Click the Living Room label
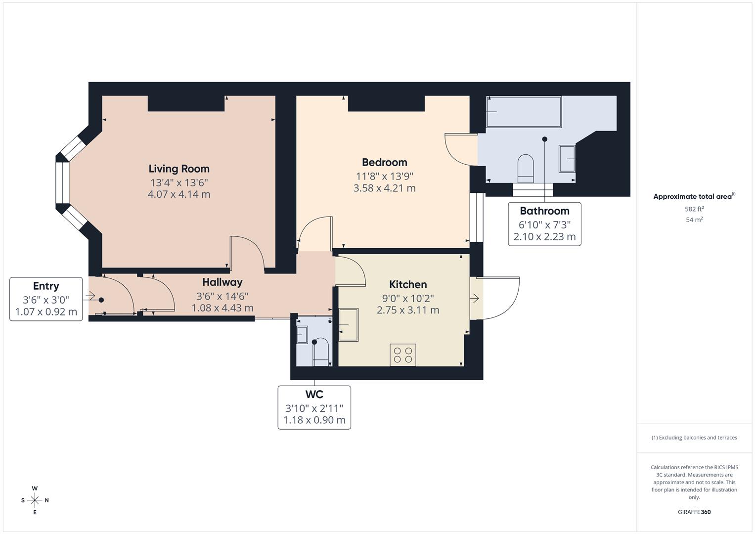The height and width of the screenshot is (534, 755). (x=179, y=169)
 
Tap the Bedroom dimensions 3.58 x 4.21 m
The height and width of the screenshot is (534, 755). (x=384, y=188)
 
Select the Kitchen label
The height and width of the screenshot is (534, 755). (x=408, y=284)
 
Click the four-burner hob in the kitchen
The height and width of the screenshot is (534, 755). (x=402, y=355)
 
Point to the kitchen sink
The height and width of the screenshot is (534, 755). (x=349, y=324)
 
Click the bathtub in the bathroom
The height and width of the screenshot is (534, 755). (x=524, y=112)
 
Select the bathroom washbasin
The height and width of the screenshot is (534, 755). (x=567, y=158)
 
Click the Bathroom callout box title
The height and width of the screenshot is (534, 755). (x=544, y=211)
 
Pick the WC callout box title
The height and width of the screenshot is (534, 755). (x=314, y=395)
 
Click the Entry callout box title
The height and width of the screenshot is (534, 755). (x=46, y=286)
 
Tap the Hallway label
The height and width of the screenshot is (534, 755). (x=222, y=282)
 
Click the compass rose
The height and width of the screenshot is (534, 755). (x=35, y=500)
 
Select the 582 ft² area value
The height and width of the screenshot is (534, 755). (x=694, y=209)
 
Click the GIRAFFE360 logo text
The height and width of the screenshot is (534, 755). (x=694, y=512)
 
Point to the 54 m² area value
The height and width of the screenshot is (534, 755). (x=694, y=220)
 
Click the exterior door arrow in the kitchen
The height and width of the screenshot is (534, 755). (x=475, y=298)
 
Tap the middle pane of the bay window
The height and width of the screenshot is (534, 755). (x=62, y=182)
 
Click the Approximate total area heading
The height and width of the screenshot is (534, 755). (x=693, y=197)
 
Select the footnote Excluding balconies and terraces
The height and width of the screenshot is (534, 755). (x=694, y=438)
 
